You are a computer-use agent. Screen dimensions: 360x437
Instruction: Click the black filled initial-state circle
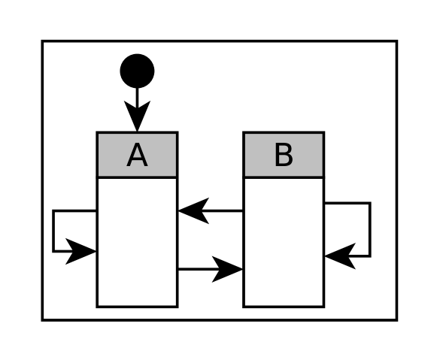[137, 71]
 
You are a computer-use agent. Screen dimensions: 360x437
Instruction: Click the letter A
[137, 156]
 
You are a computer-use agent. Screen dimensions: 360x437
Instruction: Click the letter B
[284, 156]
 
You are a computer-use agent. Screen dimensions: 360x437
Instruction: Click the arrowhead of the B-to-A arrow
[192, 211]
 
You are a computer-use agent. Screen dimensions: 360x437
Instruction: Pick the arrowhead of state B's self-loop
[339, 256]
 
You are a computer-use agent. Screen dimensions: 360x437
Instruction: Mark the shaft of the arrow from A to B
[196, 268]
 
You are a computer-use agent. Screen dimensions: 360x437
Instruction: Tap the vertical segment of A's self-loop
[53, 231]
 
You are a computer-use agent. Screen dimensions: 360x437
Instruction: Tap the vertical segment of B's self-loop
[369, 229]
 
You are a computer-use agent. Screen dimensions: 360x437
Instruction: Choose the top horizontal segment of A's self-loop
[75, 211]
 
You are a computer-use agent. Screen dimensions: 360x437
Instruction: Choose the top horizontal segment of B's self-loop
[347, 203]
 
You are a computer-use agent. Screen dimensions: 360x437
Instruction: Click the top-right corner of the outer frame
[396, 41]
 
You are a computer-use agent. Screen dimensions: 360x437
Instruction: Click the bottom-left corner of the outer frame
[42, 320]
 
